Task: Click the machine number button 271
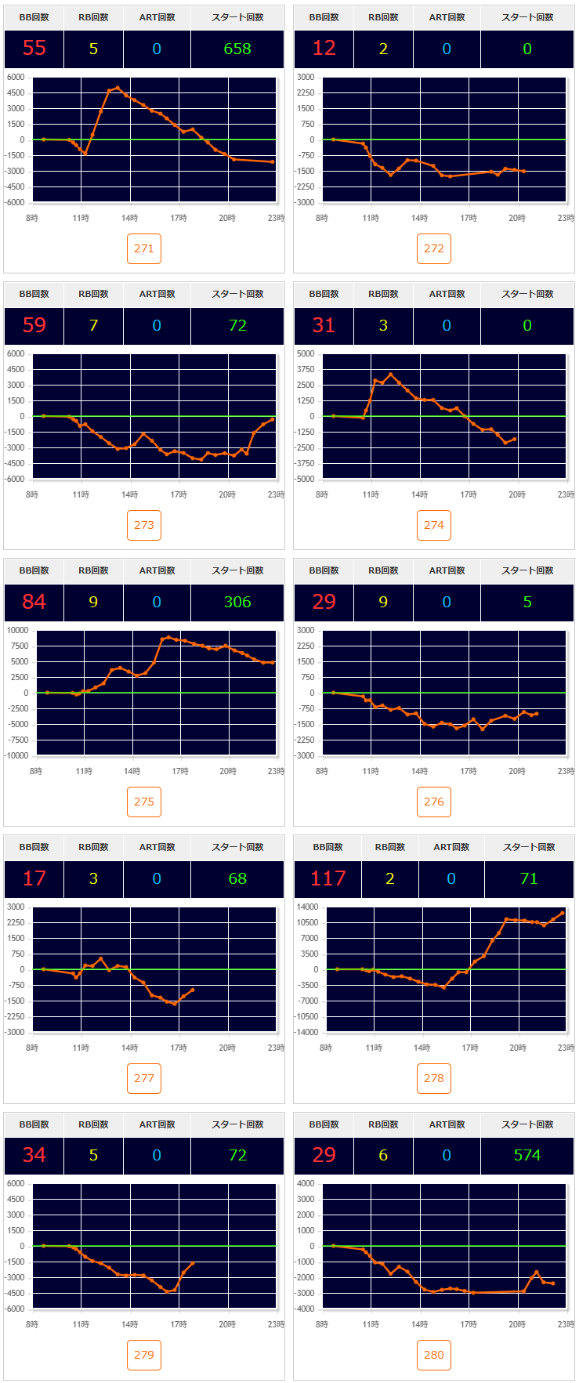tap(144, 248)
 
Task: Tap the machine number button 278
tap(434, 1078)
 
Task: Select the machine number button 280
tap(434, 1355)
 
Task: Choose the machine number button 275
tap(144, 802)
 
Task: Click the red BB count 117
tap(327, 878)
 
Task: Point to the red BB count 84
tap(34, 602)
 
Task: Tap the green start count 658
tap(237, 49)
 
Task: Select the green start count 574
tap(527, 1155)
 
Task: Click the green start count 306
tap(237, 602)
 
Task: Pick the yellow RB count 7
tap(93, 325)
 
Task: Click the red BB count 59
tap(34, 325)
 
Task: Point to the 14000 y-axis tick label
tap(308, 907)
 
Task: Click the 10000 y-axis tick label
tap(17, 630)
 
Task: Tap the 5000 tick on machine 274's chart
tap(306, 353)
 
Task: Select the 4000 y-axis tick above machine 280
tap(306, 1183)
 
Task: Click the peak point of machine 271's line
tap(118, 88)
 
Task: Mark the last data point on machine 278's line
tap(563, 913)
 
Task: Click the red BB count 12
tap(324, 49)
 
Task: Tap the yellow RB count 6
tap(383, 1155)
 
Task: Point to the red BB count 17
tap(34, 878)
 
